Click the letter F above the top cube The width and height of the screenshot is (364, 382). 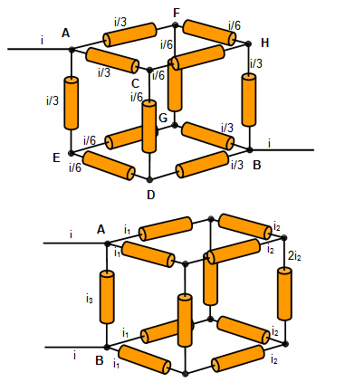click(177, 14)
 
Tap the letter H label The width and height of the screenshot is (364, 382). click(264, 43)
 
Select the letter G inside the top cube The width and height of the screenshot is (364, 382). click(163, 118)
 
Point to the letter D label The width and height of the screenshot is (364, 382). click(150, 195)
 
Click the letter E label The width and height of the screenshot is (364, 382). click(56, 158)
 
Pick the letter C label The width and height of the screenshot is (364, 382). click(136, 83)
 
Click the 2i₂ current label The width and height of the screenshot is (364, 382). click(294, 256)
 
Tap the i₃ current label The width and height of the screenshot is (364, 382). click(90, 299)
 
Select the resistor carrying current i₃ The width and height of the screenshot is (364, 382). click(107, 297)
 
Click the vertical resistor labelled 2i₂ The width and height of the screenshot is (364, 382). click(284, 293)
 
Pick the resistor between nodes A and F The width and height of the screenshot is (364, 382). click(130, 34)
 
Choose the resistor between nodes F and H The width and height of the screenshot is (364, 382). click(209, 33)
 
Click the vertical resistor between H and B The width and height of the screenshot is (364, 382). click(249, 100)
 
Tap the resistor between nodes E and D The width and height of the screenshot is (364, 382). click(109, 166)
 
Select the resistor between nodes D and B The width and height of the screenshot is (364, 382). click(202, 165)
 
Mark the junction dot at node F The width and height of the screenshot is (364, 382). click(175, 24)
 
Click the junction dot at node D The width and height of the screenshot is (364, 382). click(150, 179)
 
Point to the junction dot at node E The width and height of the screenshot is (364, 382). click(72, 153)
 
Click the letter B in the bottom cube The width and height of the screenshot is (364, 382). click(100, 360)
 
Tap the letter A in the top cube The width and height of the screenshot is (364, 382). click(65, 33)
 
